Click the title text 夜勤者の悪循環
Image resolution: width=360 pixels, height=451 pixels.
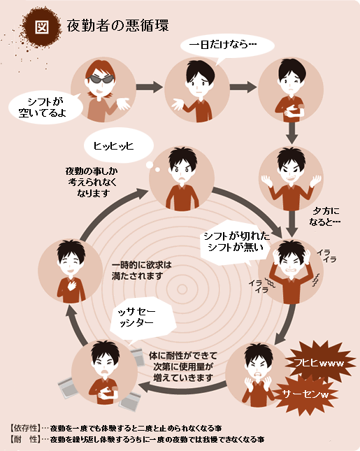pyautogui.click(x=117, y=26)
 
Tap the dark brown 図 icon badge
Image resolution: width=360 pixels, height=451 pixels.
pyautogui.click(x=42, y=27)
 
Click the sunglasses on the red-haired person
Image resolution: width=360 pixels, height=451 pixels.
pyautogui.click(x=100, y=79)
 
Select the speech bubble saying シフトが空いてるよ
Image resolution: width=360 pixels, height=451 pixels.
pyautogui.click(x=45, y=107)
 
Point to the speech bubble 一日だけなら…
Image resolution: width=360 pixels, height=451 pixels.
pyautogui.click(x=227, y=46)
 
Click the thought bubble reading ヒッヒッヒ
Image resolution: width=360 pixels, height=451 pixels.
pyautogui.click(x=118, y=145)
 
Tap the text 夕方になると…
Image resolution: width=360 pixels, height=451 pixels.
pyautogui.click(x=324, y=216)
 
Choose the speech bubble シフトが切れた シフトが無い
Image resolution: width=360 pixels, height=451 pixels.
pyautogui.click(x=236, y=242)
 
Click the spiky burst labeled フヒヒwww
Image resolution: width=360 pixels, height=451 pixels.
pyautogui.click(x=319, y=363)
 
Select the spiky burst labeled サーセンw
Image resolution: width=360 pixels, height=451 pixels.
pyautogui.click(x=305, y=394)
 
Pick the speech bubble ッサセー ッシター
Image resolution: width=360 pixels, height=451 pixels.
pyautogui.click(x=142, y=318)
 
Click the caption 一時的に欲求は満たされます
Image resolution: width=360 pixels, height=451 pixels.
pyautogui.click(x=141, y=271)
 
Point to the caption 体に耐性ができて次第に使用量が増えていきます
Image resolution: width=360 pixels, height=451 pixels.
pyautogui.click(x=183, y=366)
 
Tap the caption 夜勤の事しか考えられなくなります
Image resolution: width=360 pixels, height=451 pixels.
pyautogui.click(x=92, y=182)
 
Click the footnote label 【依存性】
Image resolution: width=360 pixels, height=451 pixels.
pyautogui.click(x=25, y=428)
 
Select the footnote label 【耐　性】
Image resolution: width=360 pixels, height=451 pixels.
pyautogui.click(x=25, y=439)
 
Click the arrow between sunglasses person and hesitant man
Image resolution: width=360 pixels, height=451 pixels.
pyautogui.click(x=149, y=87)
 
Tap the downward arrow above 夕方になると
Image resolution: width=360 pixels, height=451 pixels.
pyautogui.click(x=292, y=224)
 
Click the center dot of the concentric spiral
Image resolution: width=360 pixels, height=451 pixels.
pyautogui.click(x=182, y=289)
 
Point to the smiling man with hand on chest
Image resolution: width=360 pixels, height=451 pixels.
pyautogui.click(x=71, y=271)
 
